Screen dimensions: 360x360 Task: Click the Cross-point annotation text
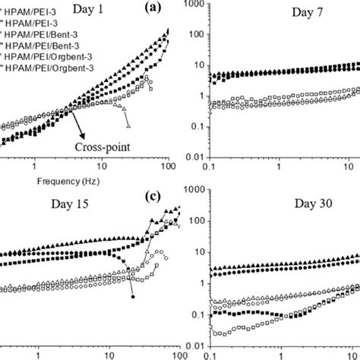pyautogui.click(x=99, y=148)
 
